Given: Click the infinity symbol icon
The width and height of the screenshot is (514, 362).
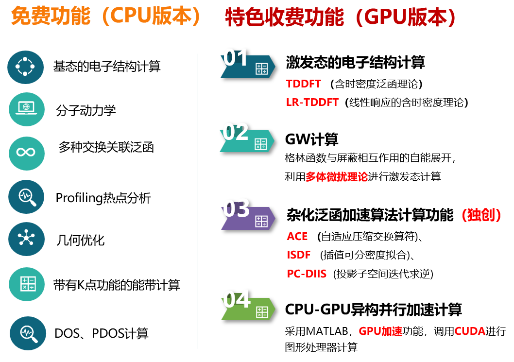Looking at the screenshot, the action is click(x=26, y=153).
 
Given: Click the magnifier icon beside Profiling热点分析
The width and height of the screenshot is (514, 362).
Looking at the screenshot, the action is click(x=26, y=197).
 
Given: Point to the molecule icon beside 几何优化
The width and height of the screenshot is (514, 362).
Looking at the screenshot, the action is click(x=26, y=239).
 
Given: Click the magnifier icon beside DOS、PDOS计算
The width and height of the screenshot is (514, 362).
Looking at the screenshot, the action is click(x=28, y=333).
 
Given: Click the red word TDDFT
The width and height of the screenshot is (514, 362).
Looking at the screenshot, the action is click(x=303, y=84).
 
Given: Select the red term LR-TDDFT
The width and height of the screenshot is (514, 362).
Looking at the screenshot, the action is click(x=312, y=103).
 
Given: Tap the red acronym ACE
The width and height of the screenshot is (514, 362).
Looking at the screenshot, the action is click(x=297, y=237).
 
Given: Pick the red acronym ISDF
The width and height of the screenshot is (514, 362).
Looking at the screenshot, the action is click(x=298, y=255).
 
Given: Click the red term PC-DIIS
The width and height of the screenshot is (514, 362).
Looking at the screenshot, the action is click(x=307, y=274).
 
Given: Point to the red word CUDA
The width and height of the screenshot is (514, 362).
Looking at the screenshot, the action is click(x=470, y=331).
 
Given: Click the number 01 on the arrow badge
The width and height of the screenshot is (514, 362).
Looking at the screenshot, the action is click(x=235, y=58).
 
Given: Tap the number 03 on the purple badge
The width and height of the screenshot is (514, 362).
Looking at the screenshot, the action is click(x=236, y=208).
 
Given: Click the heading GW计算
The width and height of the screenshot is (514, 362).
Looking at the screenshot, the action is click(x=312, y=139).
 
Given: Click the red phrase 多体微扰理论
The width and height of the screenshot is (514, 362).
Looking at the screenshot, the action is click(x=337, y=177).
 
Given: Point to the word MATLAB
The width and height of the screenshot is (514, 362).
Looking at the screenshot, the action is click(x=327, y=331).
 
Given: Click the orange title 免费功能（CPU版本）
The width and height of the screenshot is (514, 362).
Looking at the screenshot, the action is click(x=105, y=16).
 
